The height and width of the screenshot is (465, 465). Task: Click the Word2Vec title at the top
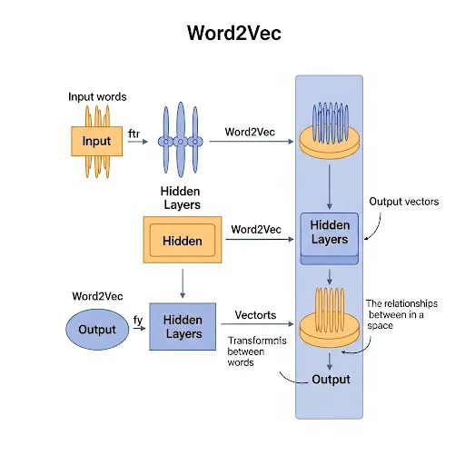point(232,34)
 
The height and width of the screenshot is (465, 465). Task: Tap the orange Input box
point(96,141)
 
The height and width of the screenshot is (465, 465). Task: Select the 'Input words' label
point(97,96)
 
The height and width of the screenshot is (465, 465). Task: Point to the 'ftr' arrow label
point(134,134)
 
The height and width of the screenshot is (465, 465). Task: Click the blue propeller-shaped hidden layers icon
point(181,141)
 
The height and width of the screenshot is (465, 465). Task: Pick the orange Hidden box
point(182,241)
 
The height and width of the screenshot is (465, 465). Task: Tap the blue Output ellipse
point(98,328)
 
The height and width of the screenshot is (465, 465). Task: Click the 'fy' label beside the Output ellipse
point(138,320)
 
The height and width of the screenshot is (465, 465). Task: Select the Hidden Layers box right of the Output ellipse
point(183,327)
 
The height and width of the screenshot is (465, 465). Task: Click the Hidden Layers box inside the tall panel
point(329,232)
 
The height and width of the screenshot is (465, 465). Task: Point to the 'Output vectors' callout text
point(403,202)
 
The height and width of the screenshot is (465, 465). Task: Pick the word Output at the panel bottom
point(331,379)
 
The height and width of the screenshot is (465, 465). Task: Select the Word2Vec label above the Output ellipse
point(97,297)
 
